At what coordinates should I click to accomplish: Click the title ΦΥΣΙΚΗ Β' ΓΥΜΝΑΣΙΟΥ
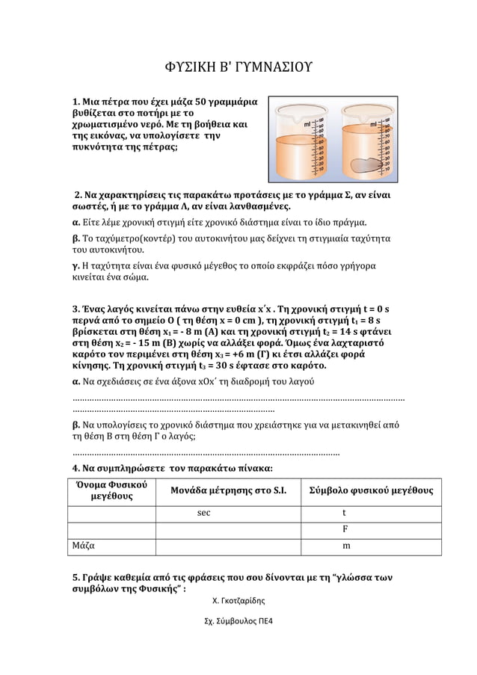coord(238,70)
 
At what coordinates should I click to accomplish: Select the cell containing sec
coord(203,514)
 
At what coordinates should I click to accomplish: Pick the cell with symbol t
coord(344,514)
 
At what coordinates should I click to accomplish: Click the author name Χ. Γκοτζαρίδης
coord(238,600)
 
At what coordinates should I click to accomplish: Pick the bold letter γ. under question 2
coord(76,267)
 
